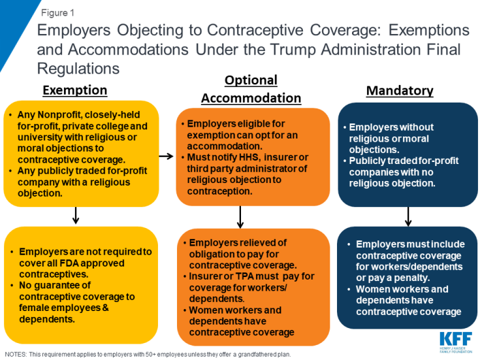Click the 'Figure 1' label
pos(57,13)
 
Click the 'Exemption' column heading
pos(75,90)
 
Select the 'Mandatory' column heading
pos(400,91)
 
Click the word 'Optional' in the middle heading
pos(251,80)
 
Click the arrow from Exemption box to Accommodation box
pos(167,156)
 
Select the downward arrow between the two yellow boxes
pos(76,216)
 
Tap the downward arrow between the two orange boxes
pos(240,217)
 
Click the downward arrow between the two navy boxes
pos(408,217)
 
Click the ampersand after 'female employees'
pos(105,308)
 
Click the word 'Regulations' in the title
pos(78,69)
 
